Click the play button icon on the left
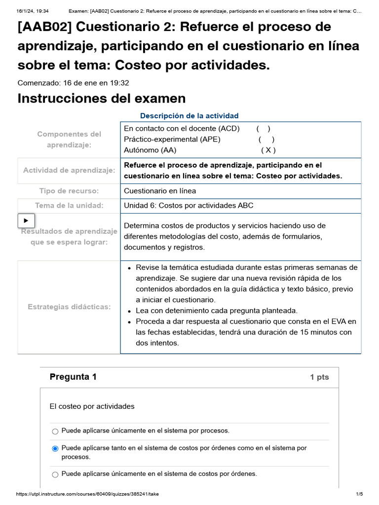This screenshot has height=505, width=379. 26,220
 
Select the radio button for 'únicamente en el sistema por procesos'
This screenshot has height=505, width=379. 55,432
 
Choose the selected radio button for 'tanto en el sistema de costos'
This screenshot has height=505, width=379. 55,449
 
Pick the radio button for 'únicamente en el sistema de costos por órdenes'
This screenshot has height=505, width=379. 55,474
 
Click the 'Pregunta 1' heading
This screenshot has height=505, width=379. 73,377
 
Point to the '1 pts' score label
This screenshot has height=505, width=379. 319,377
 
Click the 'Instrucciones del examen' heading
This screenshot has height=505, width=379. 101,99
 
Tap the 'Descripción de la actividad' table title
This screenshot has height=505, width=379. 189,116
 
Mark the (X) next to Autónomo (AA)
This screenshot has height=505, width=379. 268,150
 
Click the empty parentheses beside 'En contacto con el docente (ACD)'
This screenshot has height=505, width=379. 263,129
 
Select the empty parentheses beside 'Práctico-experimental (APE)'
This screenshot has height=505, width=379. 266,140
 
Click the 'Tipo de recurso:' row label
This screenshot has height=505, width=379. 69,191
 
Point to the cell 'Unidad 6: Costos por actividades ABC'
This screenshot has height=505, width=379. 189,206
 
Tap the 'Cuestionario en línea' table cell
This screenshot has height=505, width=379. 160,191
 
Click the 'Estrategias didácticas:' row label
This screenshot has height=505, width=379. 69,307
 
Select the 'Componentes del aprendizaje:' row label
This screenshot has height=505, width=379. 69,139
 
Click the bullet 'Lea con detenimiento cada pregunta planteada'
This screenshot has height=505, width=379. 217,311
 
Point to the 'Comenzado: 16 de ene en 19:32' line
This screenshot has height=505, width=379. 73,83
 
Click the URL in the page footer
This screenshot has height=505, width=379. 88,494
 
